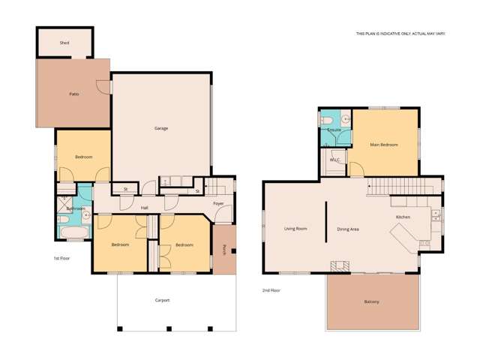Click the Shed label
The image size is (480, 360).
coord(64,43)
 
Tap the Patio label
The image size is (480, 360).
coord(74,94)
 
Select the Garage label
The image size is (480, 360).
coord(161,128)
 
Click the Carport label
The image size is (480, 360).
coord(163,300)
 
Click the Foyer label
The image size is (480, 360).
coord(218,203)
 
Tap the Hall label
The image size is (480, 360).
coord(144,208)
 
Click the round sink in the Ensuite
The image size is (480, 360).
coord(345,119)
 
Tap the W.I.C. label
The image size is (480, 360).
coord(334,159)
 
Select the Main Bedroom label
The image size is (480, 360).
coord(384,145)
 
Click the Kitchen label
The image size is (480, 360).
coord(403,217)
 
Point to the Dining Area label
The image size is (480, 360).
coord(348,229)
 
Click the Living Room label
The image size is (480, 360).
coord(295,229)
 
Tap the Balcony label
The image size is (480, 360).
coord(371,301)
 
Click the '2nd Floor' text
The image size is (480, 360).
coord(271,290)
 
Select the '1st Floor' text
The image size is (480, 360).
coord(61,258)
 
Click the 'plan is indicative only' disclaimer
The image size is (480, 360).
coord(394,34)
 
